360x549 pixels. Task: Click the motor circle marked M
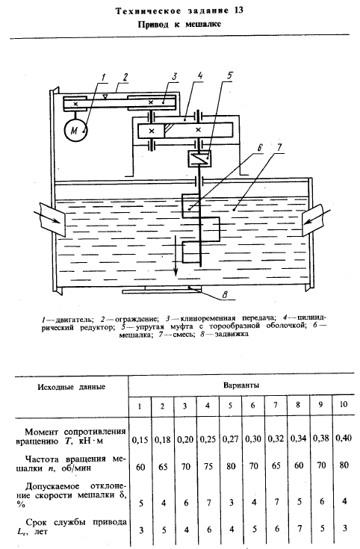pyautogui.click(x=75, y=131)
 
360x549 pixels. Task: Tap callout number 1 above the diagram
pyautogui.click(x=103, y=78)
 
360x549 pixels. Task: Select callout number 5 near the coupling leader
pyautogui.click(x=229, y=75)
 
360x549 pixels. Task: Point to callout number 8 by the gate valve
pyautogui.click(x=225, y=295)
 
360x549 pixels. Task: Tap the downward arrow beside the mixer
pyautogui.click(x=176, y=255)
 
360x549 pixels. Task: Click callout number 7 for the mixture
pyautogui.click(x=278, y=147)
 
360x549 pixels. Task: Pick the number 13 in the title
pyautogui.click(x=237, y=10)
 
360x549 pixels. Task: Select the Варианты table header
pyautogui.click(x=241, y=385)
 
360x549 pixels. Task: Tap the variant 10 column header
pyautogui.click(x=344, y=404)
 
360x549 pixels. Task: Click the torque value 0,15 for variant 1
pyautogui.click(x=140, y=440)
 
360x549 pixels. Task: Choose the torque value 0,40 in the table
pyautogui.click(x=344, y=438)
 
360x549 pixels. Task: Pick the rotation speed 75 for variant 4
pyautogui.click(x=208, y=467)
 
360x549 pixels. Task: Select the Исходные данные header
pyautogui.click(x=72, y=387)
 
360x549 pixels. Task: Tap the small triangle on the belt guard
pyautogui.click(x=104, y=96)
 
